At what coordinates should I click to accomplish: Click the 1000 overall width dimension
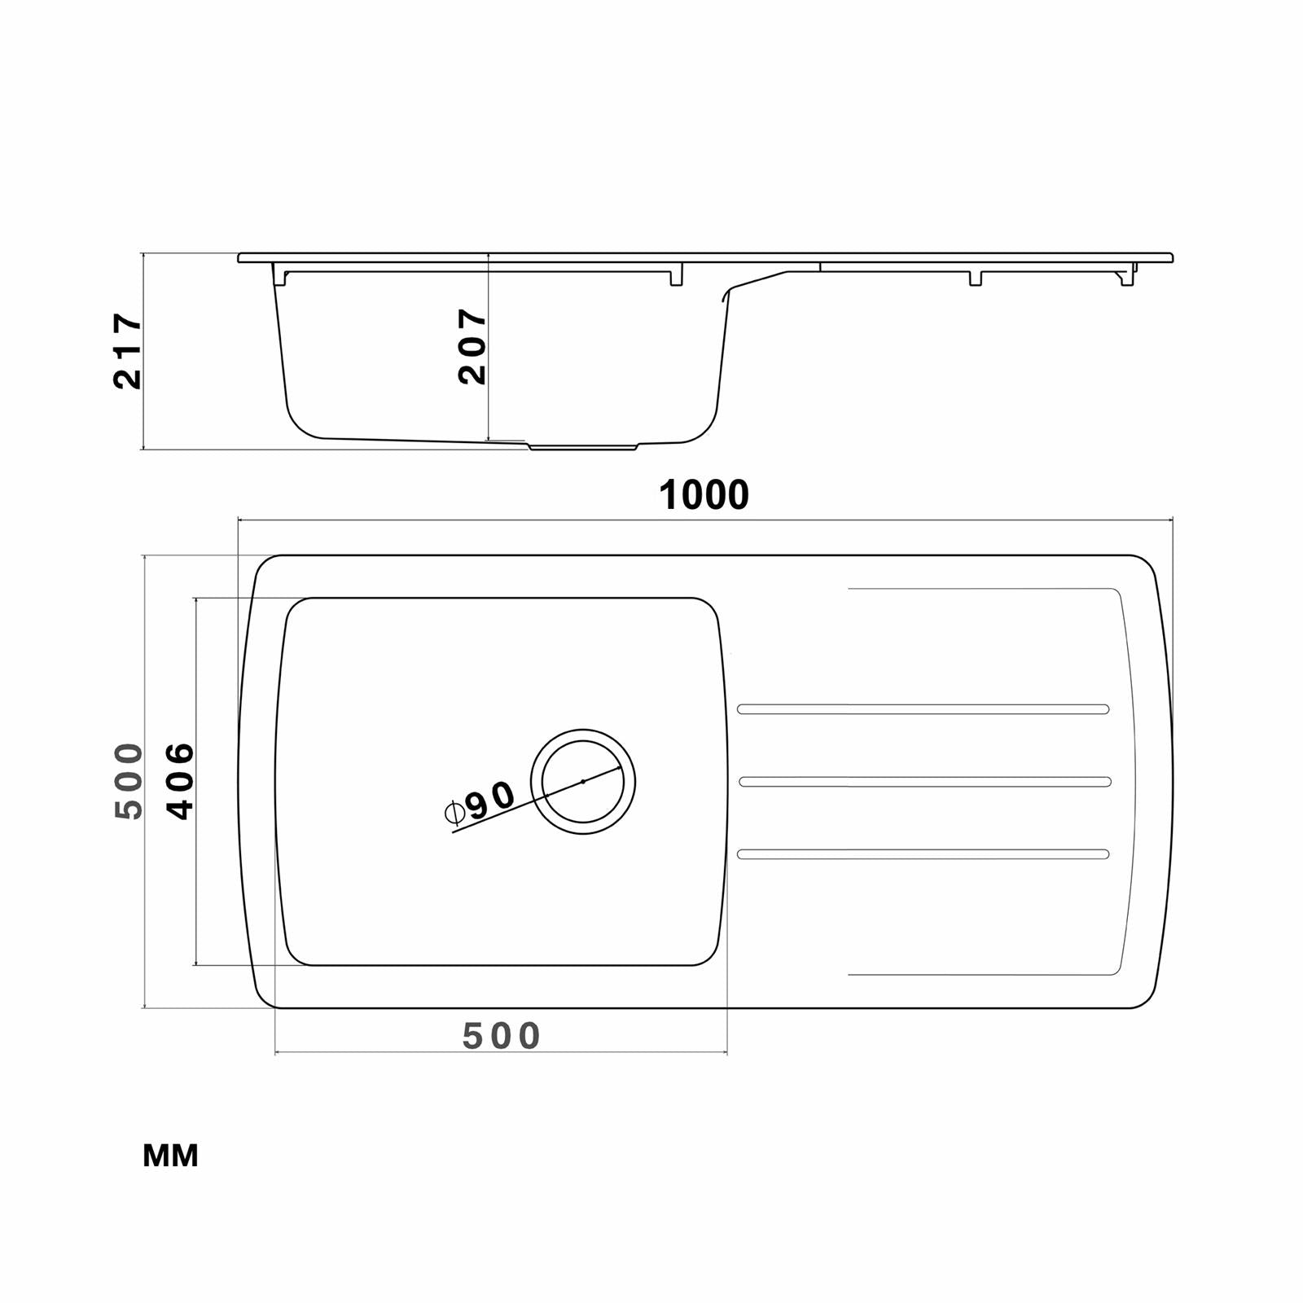[x=704, y=495]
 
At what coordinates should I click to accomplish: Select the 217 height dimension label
[x=128, y=350]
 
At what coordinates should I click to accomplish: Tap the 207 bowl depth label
[x=472, y=346]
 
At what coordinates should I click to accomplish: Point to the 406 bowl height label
[x=180, y=780]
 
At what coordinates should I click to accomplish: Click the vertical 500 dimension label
[x=129, y=780]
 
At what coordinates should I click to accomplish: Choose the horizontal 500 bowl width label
[x=501, y=1036]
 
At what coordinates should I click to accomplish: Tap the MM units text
[x=170, y=1156]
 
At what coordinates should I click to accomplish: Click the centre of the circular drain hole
[x=583, y=782]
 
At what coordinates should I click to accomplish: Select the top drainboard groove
[x=923, y=709]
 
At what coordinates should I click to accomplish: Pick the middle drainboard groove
[x=924, y=782]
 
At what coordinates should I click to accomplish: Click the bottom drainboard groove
[x=923, y=854]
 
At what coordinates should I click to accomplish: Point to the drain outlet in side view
[x=583, y=447]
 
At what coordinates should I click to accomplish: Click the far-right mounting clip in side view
[x=1127, y=277]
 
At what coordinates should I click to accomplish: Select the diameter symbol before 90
[x=454, y=812]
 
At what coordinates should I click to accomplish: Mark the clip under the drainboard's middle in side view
[x=975, y=278]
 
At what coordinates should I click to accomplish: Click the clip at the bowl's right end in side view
[x=676, y=277]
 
